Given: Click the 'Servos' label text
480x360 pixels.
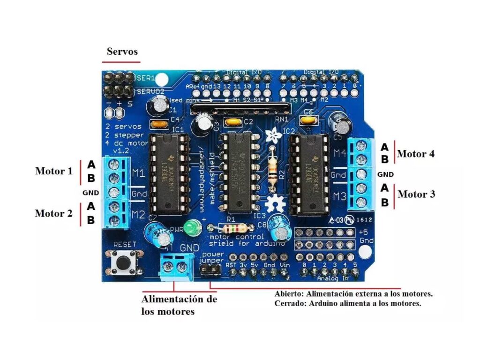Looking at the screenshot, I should pyautogui.click(x=122, y=51).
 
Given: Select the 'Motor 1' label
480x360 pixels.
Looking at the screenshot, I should pyautogui.click(x=54, y=171).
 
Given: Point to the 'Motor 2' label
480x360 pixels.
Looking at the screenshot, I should pyautogui.click(x=54, y=213).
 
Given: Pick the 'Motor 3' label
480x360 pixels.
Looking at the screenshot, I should pyautogui.click(x=416, y=194).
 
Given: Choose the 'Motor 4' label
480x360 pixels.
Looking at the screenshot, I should pyautogui.click(x=416, y=154).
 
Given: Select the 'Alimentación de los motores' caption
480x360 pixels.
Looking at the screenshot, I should pyautogui.click(x=179, y=305).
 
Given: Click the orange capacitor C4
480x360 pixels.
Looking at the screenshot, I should pyautogui.click(x=158, y=124).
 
